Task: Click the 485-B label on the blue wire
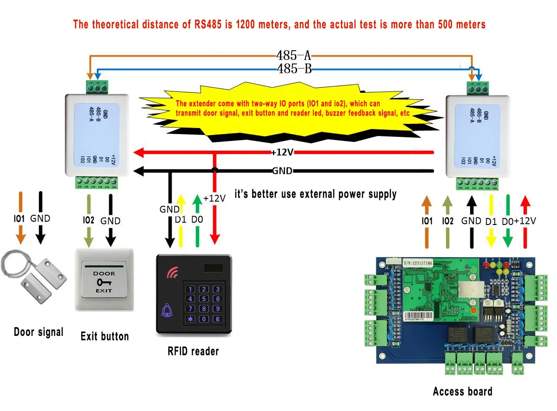(293, 69)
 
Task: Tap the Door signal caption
(39, 332)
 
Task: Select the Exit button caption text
(104, 336)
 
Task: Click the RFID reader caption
(193, 351)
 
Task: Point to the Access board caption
(462, 392)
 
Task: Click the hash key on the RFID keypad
(217, 319)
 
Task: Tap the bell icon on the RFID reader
(166, 311)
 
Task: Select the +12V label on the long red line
(283, 153)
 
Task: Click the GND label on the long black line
(282, 171)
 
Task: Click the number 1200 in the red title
(248, 24)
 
